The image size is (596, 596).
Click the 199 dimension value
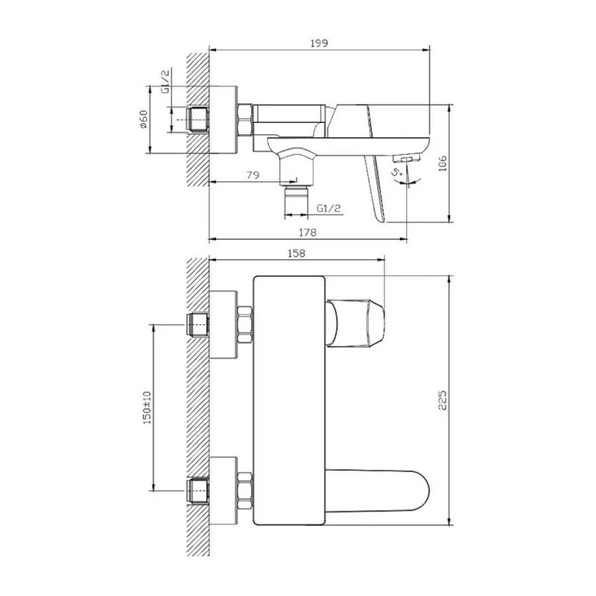pyautogui.click(x=319, y=43)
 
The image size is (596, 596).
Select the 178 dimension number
pyautogui.click(x=307, y=232)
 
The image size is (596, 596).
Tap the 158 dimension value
pyautogui.click(x=296, y=253)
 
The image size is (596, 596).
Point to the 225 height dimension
pyautogui.click(x=443, y=400)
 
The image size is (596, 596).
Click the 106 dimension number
pyautogui.click(x=443, y=163)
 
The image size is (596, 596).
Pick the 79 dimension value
pyautogui.click(x=253, y=175)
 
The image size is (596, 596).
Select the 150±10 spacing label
pyautogui.click(x=147, y=408)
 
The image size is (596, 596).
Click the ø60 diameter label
pyautogui.click(x=144, y=119)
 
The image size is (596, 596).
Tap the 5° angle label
pyautogui.click(x=398, y=172)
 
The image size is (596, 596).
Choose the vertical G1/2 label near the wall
pyautogui.click(x=165, y=81)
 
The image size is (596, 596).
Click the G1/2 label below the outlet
pyautogui.click(x=329, y=209)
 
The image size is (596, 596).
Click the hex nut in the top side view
pyautogui.click(x=245, y=119)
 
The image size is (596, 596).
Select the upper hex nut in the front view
pyautogui.click(x=245, y=326)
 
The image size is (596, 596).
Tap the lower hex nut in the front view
pyautogui.click(x=245, y=491)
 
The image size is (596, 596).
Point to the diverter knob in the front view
pyautogui.click(x=355, y=323)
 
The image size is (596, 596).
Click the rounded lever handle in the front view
pyautogui.click(x=377, y=491)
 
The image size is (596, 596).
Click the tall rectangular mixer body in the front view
pyautogui.click(x=289, y=401)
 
